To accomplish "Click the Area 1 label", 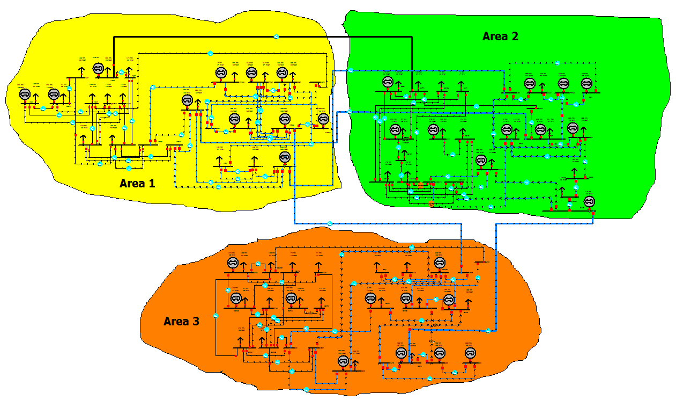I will (x=137, y=183).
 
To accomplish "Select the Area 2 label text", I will (x=500, y=37).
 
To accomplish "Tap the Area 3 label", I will (x=181, y=321).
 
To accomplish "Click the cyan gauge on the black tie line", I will (x=277, y=37).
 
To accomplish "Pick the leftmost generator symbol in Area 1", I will (x=24, y=94).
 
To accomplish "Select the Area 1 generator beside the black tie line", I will (x=98, y=68).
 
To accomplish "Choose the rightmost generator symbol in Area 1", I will (x=323, y=119).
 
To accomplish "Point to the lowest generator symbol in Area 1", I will (x=285, y=157).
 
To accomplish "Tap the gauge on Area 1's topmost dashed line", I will (x=210, y=53).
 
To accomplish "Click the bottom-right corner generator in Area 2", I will (x=589, y=202).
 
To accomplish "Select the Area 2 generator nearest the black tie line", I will (x=388, y=82).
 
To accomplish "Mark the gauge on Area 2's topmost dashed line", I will (x=557, y=63).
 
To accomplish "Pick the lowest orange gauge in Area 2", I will (x=432, y=204).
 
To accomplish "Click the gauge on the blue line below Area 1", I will (x=330, y=223).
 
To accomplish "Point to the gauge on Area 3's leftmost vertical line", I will (x=216, y=316).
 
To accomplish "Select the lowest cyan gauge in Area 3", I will (x=306, y=389).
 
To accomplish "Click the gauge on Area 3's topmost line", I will (x=412, y=247).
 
